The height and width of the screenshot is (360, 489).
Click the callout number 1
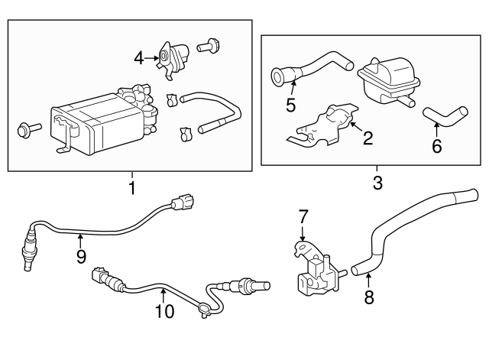coord(131,186)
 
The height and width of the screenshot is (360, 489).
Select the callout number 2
coord(368,138)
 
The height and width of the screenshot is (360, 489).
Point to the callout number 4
coord(138,57)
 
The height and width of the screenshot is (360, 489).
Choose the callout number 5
coord(290,105)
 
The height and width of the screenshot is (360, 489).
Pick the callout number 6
coord(436,145)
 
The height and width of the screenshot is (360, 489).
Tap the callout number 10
coord(164,310)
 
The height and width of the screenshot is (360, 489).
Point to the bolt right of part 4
coord(208,47)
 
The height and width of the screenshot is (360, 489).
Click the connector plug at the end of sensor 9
coord(183,203)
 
